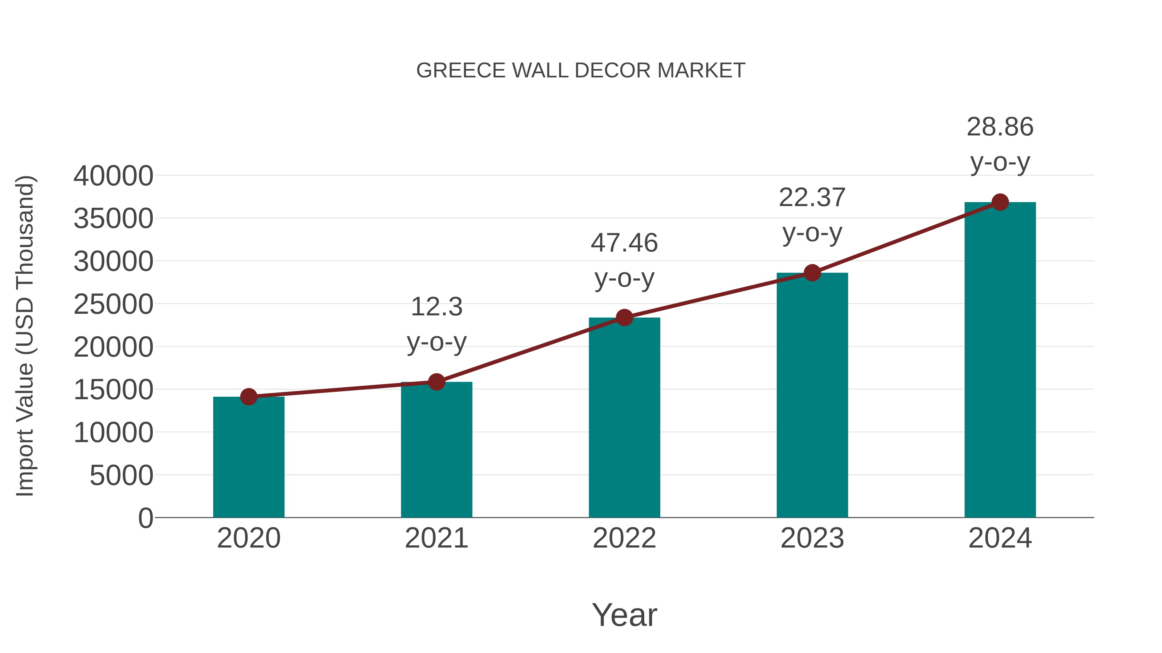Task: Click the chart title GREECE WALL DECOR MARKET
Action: pos(581,70)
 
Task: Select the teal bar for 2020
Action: pos(249,457)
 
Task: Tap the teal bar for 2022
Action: pos(624,419)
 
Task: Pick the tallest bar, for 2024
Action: pos(1000,361)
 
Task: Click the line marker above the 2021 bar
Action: pos(436,382)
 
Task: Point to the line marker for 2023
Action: pos(812,272)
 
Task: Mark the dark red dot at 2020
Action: pos(249,397)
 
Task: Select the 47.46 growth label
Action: pos(624,243)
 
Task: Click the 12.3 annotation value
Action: pos(436,307)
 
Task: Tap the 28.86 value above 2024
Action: pos(1000,127)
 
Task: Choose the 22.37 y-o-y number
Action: pos(812,198)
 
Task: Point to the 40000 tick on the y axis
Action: pos(113,176)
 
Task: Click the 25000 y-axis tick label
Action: pos(113,304)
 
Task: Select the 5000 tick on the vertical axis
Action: pos(121,475)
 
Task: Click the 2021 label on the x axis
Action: pos(436,538)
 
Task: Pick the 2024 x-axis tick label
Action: pos(1000,538)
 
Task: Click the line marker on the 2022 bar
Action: pos(624,318)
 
